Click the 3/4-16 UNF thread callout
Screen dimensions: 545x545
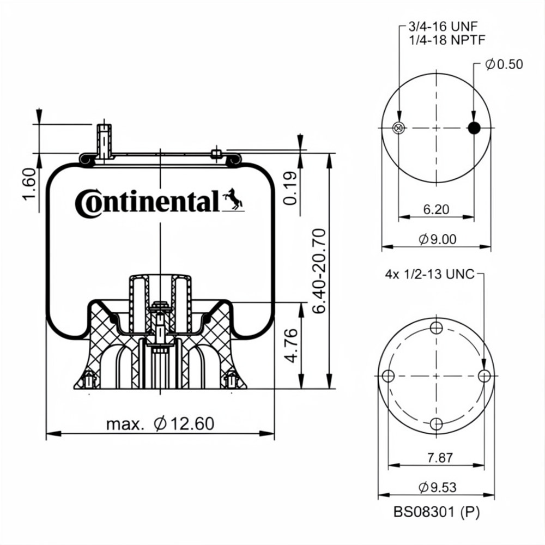443,26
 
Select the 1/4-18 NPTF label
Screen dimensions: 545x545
447,40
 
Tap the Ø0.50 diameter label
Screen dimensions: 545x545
504,64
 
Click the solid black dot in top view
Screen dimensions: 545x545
474,128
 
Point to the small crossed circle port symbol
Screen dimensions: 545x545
399,128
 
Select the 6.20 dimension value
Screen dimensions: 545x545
436,209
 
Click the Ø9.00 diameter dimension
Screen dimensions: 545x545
437,239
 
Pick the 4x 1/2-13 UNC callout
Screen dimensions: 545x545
429,274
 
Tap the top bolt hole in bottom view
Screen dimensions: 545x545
436,328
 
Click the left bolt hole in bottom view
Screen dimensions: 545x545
388,376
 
